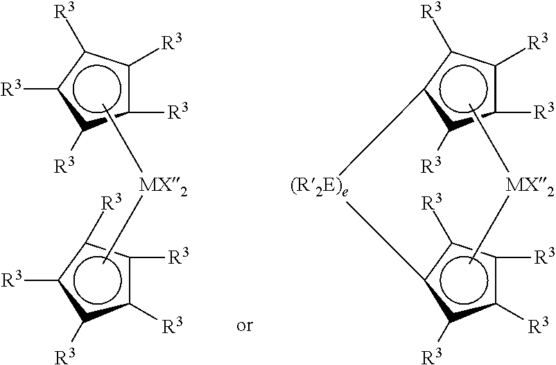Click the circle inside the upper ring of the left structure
(x=97, y=89)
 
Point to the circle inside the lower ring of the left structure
(x=98, y=280)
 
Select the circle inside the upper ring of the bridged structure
(x=464, y=89)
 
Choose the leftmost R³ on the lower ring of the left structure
(x=12, y=279)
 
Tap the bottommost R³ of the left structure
(x=65, y=355)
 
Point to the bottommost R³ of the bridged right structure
(x=431, y=355)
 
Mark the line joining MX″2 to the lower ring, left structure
(x=122, y=228)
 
